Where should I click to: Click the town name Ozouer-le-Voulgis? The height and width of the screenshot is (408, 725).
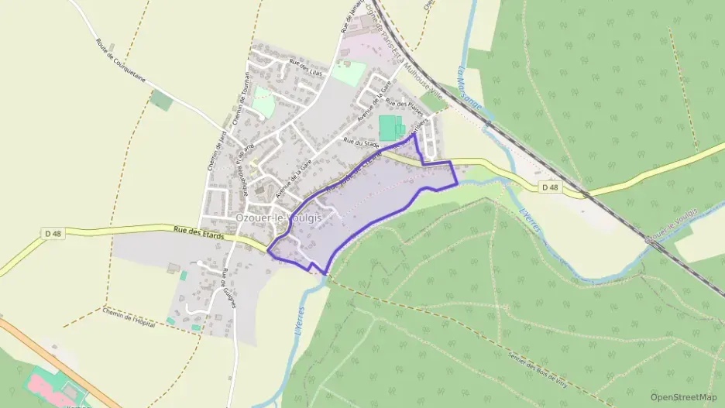(x=277, y=218)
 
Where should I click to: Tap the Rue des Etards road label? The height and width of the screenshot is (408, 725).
(x=194, y=230)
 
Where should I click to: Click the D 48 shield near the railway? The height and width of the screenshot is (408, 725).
(x=549, y=187)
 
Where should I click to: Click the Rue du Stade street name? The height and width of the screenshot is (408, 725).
(x=360, y=142)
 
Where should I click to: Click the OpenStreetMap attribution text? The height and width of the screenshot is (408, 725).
(x=683, y=397)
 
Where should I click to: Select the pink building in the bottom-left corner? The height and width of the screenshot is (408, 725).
(x=47, y=385)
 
